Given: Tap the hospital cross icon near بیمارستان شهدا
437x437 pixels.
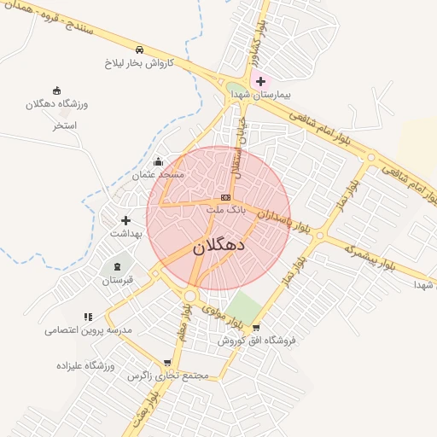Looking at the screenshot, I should coord(260,81).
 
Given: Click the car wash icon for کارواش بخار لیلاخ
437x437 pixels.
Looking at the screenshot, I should coord(139,50).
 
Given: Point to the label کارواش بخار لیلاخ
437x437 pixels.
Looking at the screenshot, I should coord(139,63).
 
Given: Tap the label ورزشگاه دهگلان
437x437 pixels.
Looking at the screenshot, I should coord(56,103).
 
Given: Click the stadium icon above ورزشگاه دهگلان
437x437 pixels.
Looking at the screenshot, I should coord(56,90).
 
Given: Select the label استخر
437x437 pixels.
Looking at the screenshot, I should coord(65,125).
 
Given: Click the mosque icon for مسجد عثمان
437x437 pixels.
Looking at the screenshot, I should coord(158,162).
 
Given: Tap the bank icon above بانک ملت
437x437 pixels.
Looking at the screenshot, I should coord(225,197).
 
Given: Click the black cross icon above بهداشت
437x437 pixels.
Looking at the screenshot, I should coord(125,220).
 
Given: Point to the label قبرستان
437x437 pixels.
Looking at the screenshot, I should coord(118,280).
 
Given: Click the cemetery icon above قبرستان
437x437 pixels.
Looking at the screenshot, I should coord(118,267).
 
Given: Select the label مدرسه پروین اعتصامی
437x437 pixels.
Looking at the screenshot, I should coord(89,329).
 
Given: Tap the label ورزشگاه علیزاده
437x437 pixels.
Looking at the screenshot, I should coord(85,365).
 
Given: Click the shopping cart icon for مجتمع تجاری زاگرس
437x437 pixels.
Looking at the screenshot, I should coord(166,363).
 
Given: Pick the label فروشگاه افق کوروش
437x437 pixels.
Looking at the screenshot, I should coord(256,340).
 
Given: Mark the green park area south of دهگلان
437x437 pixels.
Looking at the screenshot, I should coord(246,306).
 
